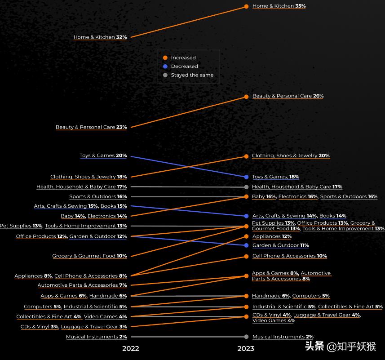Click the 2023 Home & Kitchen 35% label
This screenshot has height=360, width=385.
coord(279,6)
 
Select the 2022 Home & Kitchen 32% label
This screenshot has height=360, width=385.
coord(100,37)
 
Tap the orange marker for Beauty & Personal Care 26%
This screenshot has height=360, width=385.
coord(246,97)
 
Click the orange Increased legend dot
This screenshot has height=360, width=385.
coord(165,58)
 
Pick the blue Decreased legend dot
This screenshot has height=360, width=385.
coord(165,67)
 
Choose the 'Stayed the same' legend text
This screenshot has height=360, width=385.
coord(192,75)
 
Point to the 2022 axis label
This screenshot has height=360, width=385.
coord(130,348)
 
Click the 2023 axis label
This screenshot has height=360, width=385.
coord(246,348)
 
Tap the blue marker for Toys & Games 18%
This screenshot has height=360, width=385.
coord(246,177)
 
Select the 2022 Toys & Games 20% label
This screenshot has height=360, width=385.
coord(103,156)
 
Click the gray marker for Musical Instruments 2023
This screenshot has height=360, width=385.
coord(246,337)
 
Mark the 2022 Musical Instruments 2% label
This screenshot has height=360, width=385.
coord(96,337)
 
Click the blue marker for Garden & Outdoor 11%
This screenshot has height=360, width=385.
coord(246,245)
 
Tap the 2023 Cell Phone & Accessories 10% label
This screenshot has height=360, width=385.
coord(289,256)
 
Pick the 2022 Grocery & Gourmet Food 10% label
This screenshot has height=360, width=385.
coord(89,256)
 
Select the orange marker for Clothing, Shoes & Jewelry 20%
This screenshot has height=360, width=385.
coord(246,156)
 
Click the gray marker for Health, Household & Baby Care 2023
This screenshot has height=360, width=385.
coord(246,187)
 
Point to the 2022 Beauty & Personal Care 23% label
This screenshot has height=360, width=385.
coord(91,127)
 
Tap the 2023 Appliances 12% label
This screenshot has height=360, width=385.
coord(272,236)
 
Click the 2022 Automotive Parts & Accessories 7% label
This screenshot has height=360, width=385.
coord(82,285)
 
